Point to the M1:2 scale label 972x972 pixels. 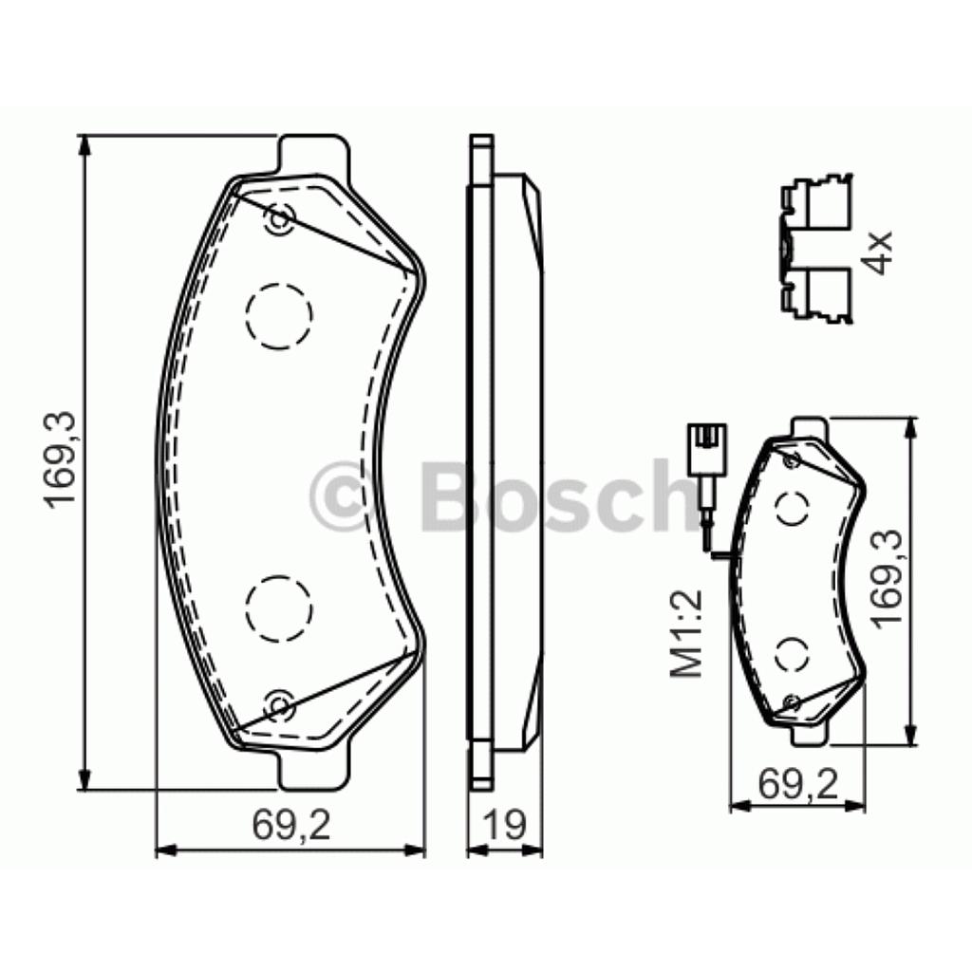point(686,634)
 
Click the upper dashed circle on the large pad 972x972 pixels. point(278,315)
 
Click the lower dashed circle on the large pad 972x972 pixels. point(278,609)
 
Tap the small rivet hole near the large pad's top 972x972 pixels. point(279,219)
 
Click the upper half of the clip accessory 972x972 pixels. point(817,204)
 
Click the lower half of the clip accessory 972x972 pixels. point(817,294)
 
